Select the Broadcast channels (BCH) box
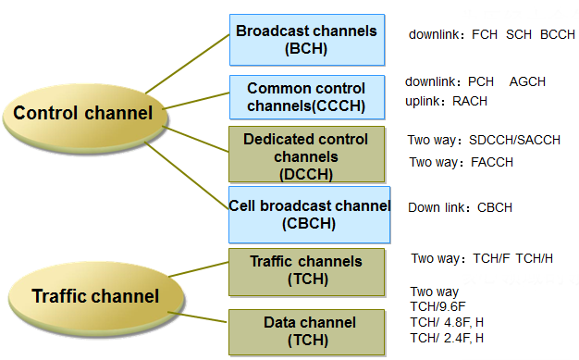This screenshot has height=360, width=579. (306, 39)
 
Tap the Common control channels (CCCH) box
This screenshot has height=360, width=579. (306, 97)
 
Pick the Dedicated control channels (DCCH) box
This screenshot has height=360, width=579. (305, 155)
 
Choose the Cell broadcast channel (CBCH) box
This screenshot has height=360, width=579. (305, 213)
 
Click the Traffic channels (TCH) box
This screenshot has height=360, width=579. (306, 270)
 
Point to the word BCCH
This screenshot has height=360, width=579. (558, 34)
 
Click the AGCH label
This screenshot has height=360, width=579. (527, 82)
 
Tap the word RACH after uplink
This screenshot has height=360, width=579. (470, 101)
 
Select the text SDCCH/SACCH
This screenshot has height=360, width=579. (514, 141)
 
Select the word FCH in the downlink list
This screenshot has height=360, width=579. (485, 34)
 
